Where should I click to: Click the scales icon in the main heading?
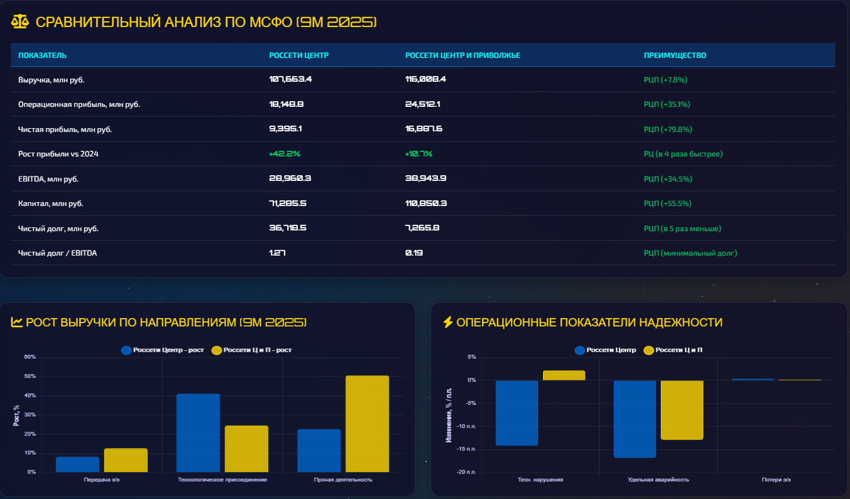[x=20, y=22]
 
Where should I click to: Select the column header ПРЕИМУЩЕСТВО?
[x=675, y=55]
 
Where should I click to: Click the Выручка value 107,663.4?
[x=290, y=80]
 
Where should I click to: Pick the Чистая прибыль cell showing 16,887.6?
[x=423, y=129]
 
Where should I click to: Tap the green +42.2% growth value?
[x=284, y=154]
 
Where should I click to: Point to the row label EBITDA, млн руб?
[x=48, y=179]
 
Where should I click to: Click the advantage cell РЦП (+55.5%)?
[x=667, y=203]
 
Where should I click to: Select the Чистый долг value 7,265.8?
[x=422, y=229]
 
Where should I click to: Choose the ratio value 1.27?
[x=277, y=253]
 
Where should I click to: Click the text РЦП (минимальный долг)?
[x=690, y=253]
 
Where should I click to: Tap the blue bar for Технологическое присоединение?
[x=198, y=433]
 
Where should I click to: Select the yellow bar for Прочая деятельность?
[x=367, y=424]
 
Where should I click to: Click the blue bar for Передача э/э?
[x=78, y=464]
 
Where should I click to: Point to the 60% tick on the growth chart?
[x=30, y=357]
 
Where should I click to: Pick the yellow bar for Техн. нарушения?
[x=564, y=375]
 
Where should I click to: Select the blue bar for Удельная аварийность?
[x=634, y=419]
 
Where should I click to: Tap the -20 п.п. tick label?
[x=466, y=472]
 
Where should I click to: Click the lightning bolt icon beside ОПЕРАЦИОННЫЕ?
[x=448, y=322]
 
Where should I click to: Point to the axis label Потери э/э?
[x=777, y=480]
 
